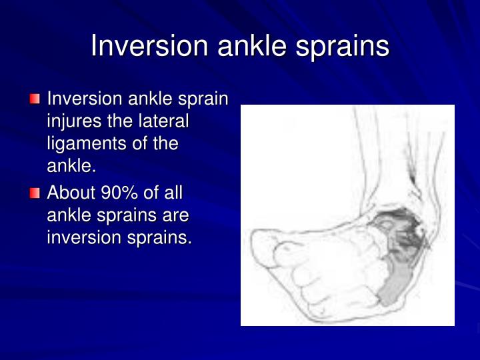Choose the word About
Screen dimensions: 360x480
71,193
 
